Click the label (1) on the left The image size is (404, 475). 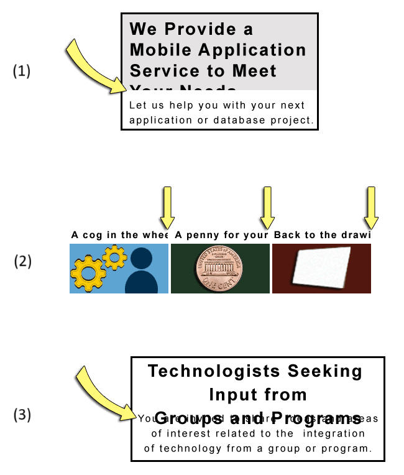coord(22,71)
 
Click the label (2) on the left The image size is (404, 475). coord(23,261)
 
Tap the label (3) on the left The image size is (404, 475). coord(22,414)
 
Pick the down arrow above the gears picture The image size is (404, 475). coord(167,208)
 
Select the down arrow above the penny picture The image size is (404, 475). coord(267,208)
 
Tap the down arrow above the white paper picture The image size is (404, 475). coord(371,208)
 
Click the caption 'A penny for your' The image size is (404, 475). coord(222,235)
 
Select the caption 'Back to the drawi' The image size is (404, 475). coord(322,235)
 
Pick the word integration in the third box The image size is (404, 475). coord(334,433)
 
